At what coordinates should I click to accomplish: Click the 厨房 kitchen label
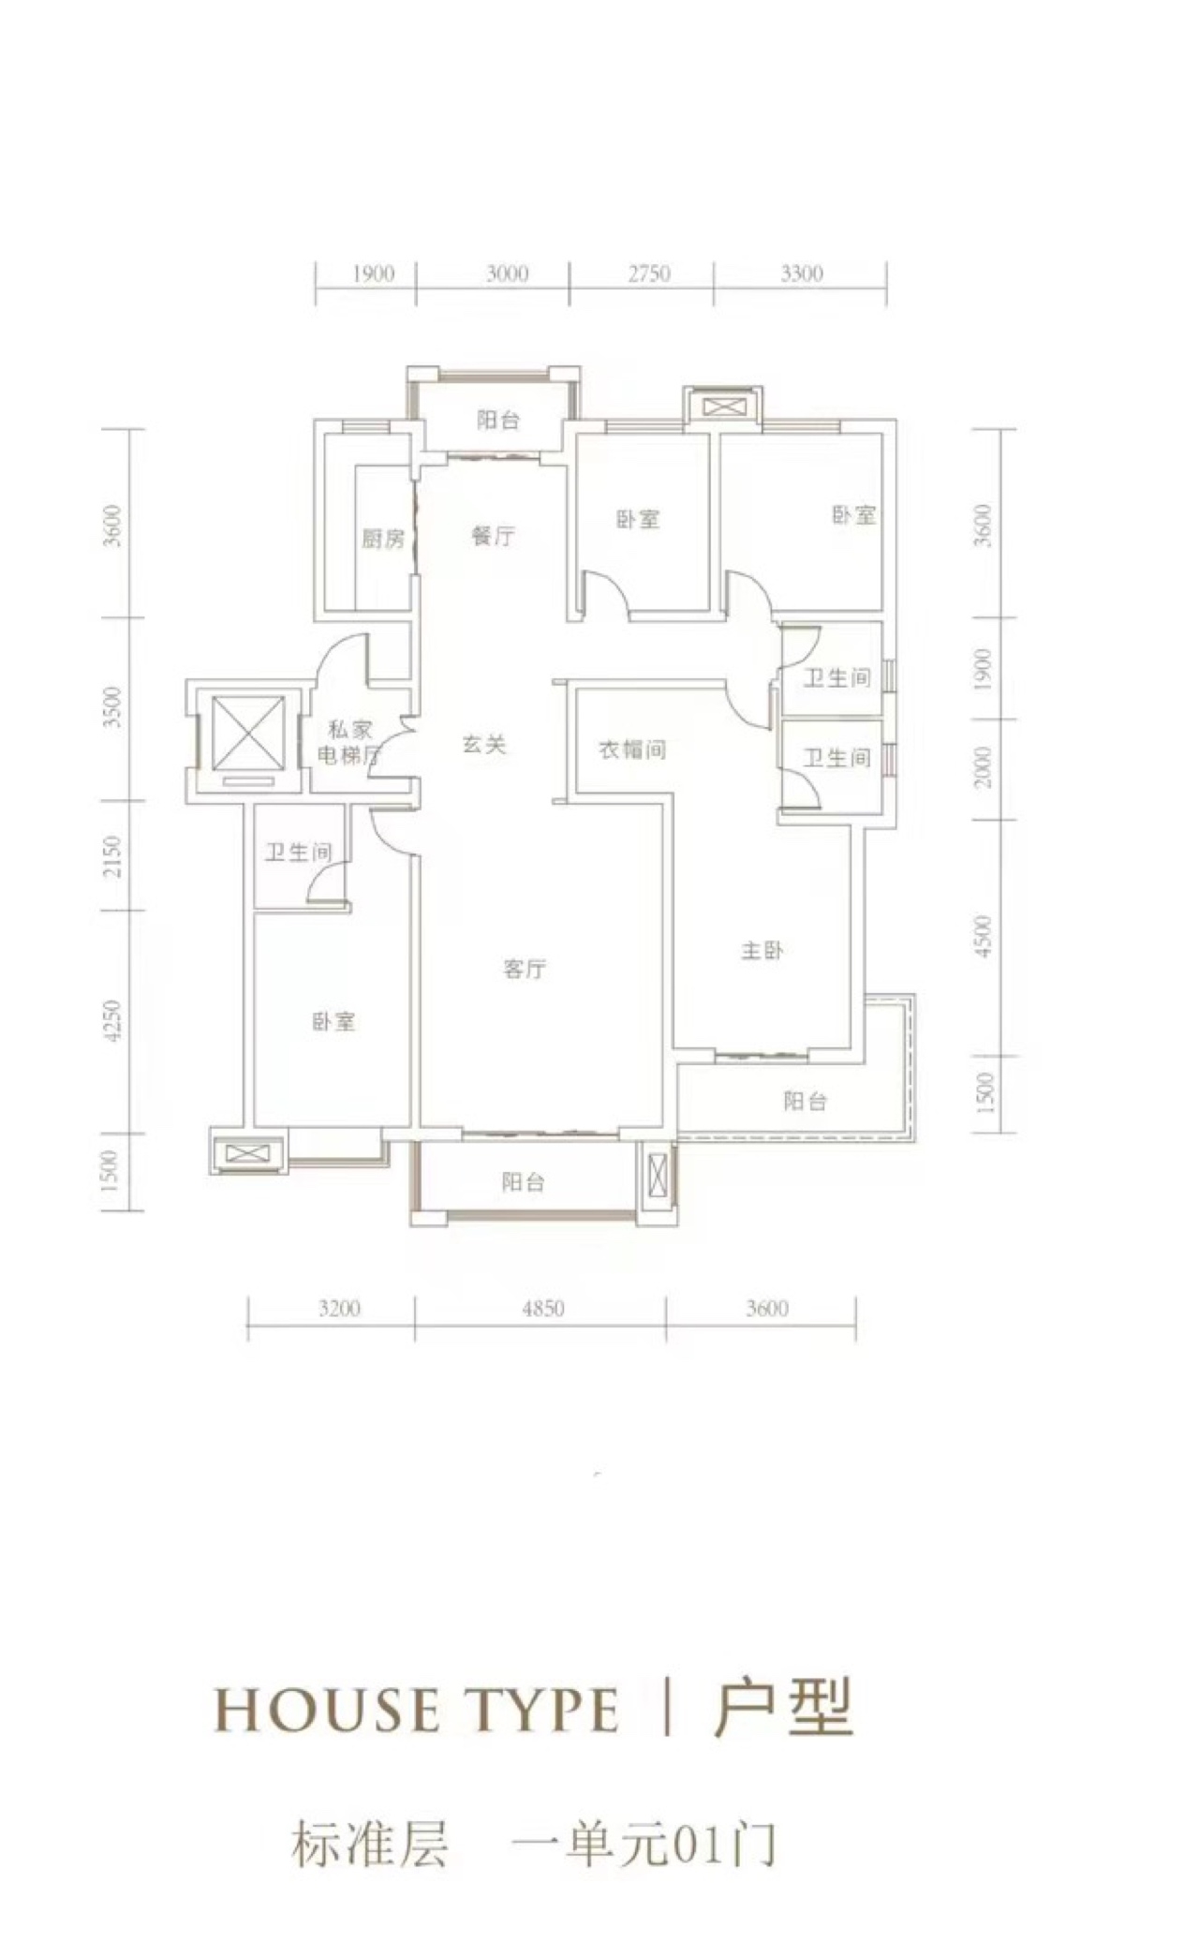coord(383,539)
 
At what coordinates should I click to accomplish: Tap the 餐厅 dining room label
coord(493,537)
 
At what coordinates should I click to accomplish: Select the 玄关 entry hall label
coord(484,745)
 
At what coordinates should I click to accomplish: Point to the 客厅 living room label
coord(524,970)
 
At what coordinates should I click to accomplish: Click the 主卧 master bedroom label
coord(762,951)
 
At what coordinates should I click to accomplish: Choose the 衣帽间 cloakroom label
coord(632,749)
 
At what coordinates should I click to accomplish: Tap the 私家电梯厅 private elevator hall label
coord(348,743)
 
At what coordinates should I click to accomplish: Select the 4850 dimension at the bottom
coord(542,1309)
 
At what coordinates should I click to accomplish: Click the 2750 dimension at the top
coord(649,274)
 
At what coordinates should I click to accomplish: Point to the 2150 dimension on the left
coord(113,856)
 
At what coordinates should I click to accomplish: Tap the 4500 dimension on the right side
coord(982,936)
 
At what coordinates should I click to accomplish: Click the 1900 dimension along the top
coord(372,274)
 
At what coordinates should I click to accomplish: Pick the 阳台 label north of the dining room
coord(497,420)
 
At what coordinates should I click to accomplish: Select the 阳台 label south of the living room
coord(523,1182)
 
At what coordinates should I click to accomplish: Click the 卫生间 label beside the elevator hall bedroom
coord(297,852)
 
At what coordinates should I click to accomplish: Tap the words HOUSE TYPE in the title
coord(417,1711)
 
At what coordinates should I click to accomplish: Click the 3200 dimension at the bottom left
coord(338,1309)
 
